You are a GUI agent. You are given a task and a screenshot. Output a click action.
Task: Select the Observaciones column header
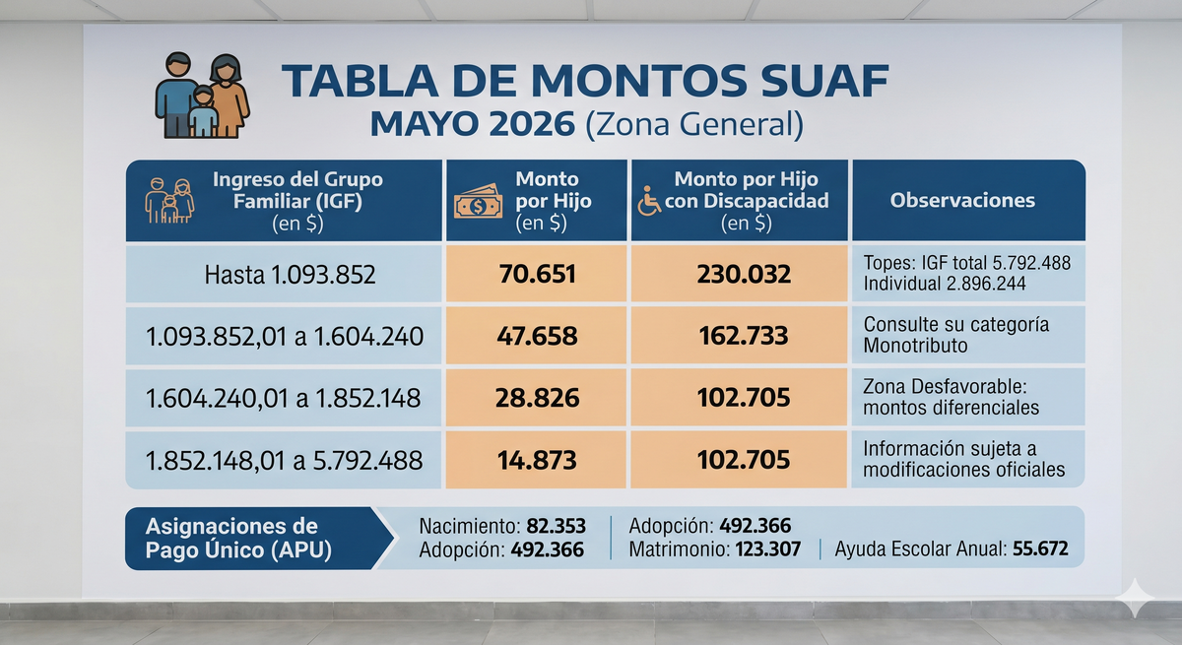[962, 201]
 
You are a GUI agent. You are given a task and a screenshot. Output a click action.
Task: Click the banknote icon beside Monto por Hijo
[478, 202]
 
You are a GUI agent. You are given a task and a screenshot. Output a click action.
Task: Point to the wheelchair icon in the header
[648, 201]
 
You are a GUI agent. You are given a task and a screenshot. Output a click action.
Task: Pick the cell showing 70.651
[537, 274]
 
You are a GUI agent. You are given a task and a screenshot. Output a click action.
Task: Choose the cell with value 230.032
[744, 274]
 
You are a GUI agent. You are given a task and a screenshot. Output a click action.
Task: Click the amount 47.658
[537, 336]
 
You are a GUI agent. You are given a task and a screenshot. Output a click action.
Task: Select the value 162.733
[744, 336]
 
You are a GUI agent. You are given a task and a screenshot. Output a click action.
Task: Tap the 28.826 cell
[537, 398]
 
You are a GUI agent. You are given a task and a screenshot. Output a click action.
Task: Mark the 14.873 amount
[537, 460]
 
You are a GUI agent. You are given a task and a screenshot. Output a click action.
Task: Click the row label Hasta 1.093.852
[290, 275]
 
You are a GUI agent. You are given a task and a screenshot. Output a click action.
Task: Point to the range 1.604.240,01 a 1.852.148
[284, 398]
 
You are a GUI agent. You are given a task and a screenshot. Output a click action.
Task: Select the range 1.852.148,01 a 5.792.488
[284, 461]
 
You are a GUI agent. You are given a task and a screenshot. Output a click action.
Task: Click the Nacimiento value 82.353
[557, 526]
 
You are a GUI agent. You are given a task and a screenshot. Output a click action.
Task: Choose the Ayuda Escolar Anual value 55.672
[1040, 549]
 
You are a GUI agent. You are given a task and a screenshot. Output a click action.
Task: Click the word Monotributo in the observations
[915, 346]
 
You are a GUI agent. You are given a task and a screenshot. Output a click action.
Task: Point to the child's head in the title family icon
[203, 96]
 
